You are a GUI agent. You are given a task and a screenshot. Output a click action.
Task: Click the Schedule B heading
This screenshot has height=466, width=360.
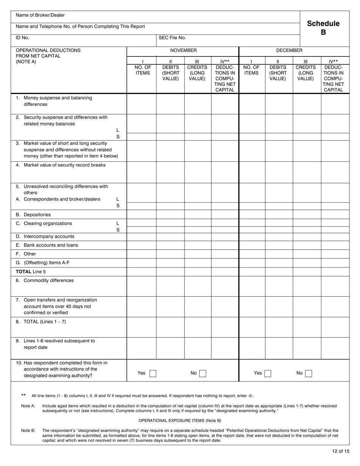click(x=323, y=28)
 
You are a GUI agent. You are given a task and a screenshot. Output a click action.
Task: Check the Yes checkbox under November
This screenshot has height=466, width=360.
click(x=153, y=374)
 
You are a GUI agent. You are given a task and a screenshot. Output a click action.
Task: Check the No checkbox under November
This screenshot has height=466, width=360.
click(x=203, y=374)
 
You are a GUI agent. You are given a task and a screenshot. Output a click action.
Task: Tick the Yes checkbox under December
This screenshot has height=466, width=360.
click(x=268, y=374)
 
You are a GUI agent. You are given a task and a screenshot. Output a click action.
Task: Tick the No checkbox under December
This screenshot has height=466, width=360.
click(x=308, y=374)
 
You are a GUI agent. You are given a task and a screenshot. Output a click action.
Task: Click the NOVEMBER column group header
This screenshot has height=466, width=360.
click(x=183, y=50)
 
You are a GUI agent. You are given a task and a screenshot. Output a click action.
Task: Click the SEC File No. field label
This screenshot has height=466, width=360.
click(x=172, y=38)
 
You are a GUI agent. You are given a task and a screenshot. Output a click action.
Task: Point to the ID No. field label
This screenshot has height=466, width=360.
click(x=22, y=38)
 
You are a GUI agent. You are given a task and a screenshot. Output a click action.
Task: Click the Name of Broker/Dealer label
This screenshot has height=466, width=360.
click(x=40, y=15)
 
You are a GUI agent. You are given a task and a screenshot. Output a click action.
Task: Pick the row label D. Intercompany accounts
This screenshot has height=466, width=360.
click(x=45, y=236)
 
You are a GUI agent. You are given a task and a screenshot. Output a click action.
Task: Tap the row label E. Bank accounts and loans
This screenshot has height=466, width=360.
click(x=47, y=245)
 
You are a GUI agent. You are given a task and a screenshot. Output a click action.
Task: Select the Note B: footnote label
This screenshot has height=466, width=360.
click(x=28, y=430)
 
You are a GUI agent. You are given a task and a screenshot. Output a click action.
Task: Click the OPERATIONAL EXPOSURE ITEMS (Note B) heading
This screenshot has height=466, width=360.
click(x=180, y=421)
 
